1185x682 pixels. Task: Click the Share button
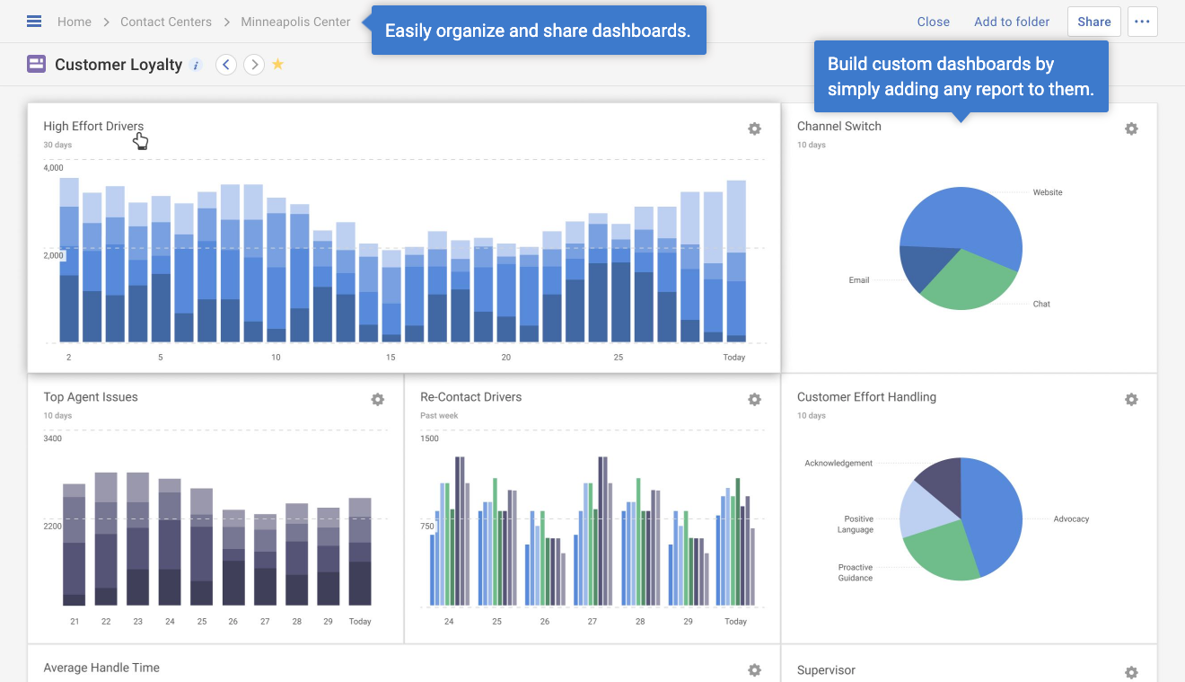[x=1093, y=22]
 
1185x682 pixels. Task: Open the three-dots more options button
[x=1142, y=22]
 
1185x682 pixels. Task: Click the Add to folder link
[x=1011, y=22]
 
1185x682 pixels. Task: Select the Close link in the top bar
[x=933, y=22]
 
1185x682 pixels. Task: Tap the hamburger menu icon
[x=34, y=22]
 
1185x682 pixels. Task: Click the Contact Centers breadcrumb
[x=166, y=22]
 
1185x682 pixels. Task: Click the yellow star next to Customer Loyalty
[x=278, y=64]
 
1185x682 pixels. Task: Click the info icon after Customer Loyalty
[x=196, y=65]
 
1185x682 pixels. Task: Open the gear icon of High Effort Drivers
[x=754, y=128]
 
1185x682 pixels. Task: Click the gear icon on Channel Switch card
[x=1131, y=128]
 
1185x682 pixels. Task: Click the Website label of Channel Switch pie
[x=1047, y=192]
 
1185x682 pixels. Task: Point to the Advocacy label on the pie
[x=1071, y=519]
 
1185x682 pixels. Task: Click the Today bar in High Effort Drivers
[x=736, y=261]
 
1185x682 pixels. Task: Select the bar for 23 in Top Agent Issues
[x=137, y=539]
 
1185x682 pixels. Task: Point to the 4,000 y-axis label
[x=54, y=168]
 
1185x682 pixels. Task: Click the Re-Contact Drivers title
[x=470, y=397]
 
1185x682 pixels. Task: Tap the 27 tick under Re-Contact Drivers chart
[x=592, y=622]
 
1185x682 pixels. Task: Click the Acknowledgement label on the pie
[x=838, y=464]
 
